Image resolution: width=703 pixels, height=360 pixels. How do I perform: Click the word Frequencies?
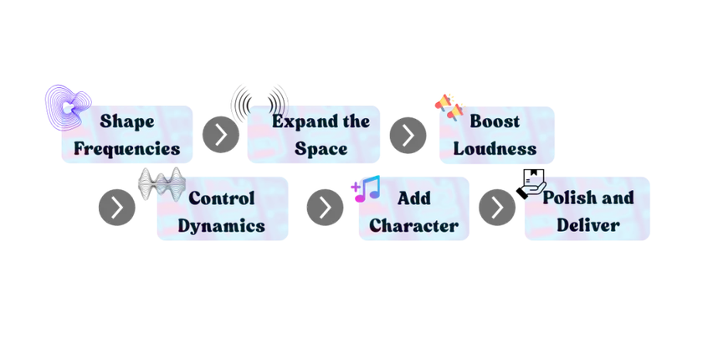(x=127, y=149)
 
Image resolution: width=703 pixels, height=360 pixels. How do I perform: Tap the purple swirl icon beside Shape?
(x=69, y=108)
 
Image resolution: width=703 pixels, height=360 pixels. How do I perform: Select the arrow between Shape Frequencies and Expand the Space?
(x=221, y=135)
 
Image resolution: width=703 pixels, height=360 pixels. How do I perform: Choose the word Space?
(x=321, y=149)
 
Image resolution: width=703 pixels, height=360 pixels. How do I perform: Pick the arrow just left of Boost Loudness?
(x=408, y=135)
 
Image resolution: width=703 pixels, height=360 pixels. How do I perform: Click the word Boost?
(x=495, y=121)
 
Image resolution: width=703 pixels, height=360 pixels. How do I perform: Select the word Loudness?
(x=495, y=149)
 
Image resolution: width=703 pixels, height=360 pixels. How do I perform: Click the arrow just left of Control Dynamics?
(x=117, y=207)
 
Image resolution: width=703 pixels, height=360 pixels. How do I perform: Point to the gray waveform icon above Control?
(x=162, y=183)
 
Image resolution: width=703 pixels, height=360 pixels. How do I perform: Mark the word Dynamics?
(x=222, y=226)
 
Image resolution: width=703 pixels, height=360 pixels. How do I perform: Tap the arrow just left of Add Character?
(x=325, y=207)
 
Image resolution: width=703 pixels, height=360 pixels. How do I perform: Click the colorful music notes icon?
(x=366, y=188)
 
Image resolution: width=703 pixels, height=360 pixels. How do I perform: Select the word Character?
(x=413, y=225)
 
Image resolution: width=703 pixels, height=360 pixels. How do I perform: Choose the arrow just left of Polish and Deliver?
(x=497, y=207)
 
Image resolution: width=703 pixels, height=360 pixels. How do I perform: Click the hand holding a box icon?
(x=531, y=184)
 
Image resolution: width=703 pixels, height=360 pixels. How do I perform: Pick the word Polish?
(x=566, y=198)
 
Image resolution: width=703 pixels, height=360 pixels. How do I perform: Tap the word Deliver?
(x=588, y=225)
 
